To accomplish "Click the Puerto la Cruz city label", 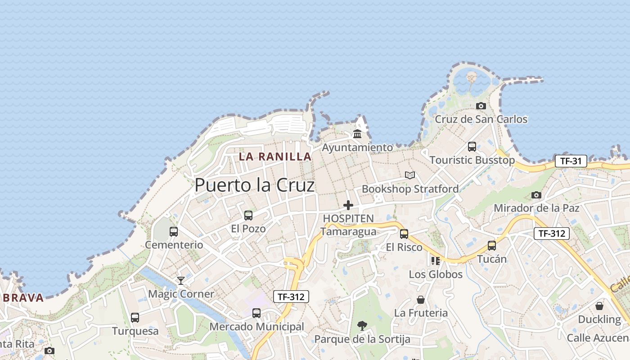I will pyautogui.click(x=254, y=185).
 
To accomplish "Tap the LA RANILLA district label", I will pyautogui.click(x=275, y=157).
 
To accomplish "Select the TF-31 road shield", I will pyautogui.click(x=571, y=161).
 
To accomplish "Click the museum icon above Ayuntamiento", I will pyautogui.click(x=357, y=134).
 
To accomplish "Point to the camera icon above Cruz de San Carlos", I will pyautogui.click(x=481, y=106).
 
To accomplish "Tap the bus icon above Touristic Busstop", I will pyautogui.click(x=472, y=146).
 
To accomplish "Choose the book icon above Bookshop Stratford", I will pyautogui.click(x=409, y=175).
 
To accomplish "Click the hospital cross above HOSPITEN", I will pyautogui.click(x=348, y=205).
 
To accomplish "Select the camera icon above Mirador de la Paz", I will pyautogui.click(x=536, y=195).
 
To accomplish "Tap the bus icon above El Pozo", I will pyautogui.click(x=248, y=215).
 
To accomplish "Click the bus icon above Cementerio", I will pyautogui.click(x=174, y=232).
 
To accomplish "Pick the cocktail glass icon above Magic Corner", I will pyautogui.click(x=181, y=280).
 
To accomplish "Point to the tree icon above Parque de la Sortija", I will pyautogui.click(x=362, y=325).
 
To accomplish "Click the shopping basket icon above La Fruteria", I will pyautogui.click(x=421, y=299).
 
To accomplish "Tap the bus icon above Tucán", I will pyautogui.click(x=492, y=246).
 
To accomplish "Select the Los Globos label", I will pyautogui.click(x=435, y=274).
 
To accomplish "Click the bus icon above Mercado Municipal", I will pyautogui.click(x=256, y=313).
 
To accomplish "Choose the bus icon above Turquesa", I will pyautogui.click(x=135, y=317).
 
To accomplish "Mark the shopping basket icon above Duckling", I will pyautogui.click(x=599, y=306).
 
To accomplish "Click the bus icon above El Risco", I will pyautogui.click(x=404, y=234).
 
